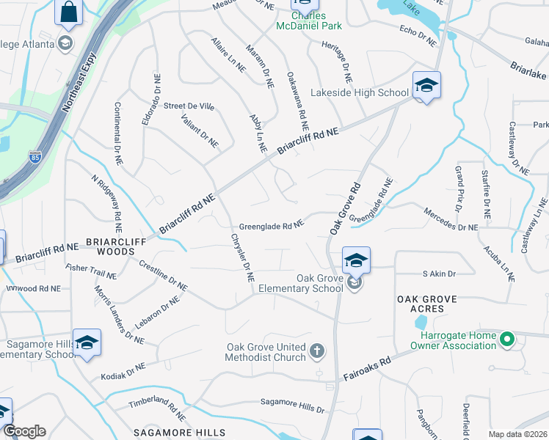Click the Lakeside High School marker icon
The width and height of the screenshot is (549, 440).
[426, 85]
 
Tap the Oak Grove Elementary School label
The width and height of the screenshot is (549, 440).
[319, 283]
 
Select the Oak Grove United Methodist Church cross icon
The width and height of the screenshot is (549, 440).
[317, 351]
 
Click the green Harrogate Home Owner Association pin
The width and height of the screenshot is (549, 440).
[506, 340]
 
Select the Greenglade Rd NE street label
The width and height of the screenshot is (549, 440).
[272, 227]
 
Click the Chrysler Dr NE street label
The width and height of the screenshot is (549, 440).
[242, 258]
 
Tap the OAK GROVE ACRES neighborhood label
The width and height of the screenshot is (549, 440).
[427, 304]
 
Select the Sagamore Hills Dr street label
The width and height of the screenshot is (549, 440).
[293, 404]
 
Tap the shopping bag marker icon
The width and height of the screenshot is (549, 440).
[68, 12]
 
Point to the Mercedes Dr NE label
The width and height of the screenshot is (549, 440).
[451, 219]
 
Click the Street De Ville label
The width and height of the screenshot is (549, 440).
[189, 106]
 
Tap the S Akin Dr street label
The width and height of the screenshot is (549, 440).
[439, 274]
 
